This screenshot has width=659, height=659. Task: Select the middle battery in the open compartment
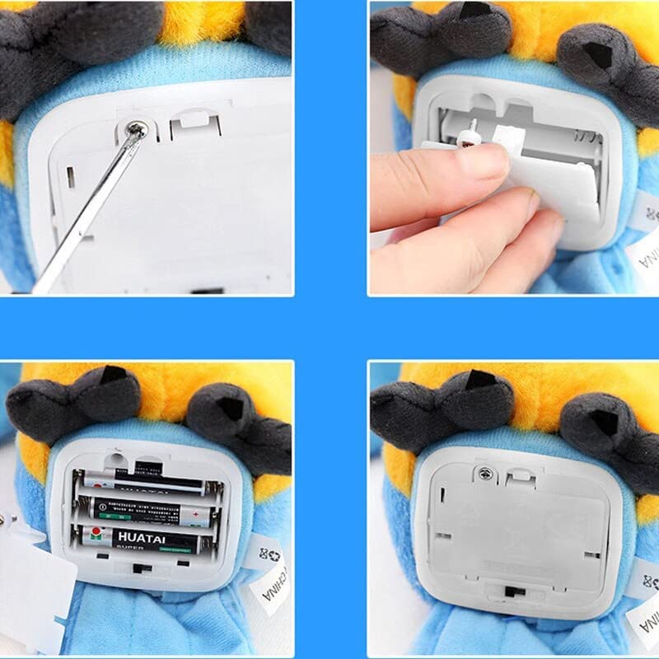144,509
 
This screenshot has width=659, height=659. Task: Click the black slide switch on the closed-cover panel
512,591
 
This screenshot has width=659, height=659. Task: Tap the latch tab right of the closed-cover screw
516,475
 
